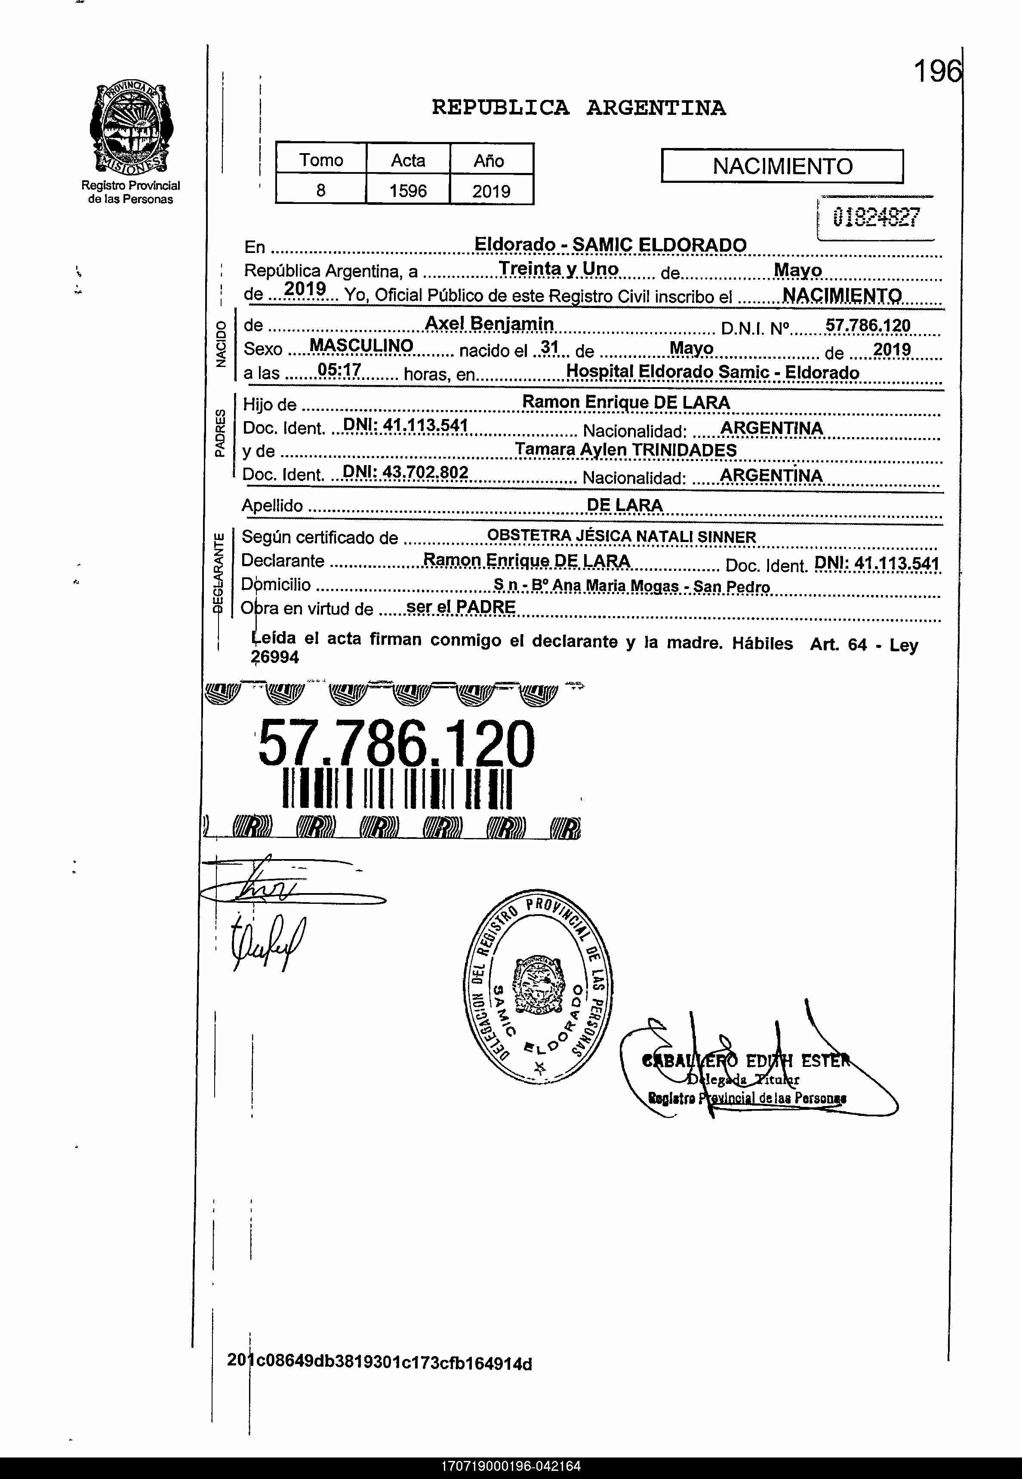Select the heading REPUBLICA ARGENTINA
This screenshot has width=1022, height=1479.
tap(578, 108)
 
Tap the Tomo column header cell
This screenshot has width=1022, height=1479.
tap(321, 160)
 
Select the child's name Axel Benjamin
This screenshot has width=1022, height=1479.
tap(489, 324)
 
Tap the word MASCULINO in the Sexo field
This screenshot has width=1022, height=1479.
tap(361, 346)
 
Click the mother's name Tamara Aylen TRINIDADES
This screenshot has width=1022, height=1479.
tap(625, 450)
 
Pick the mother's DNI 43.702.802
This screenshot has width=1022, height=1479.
tap(405, 472)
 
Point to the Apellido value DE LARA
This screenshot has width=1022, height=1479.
tap(625, 505)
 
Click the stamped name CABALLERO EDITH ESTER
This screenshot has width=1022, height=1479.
tap(746, 1061)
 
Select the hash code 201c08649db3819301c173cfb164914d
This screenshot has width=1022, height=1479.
tap(379, 1362)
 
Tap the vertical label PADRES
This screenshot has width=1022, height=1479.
tap(220, 433)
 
